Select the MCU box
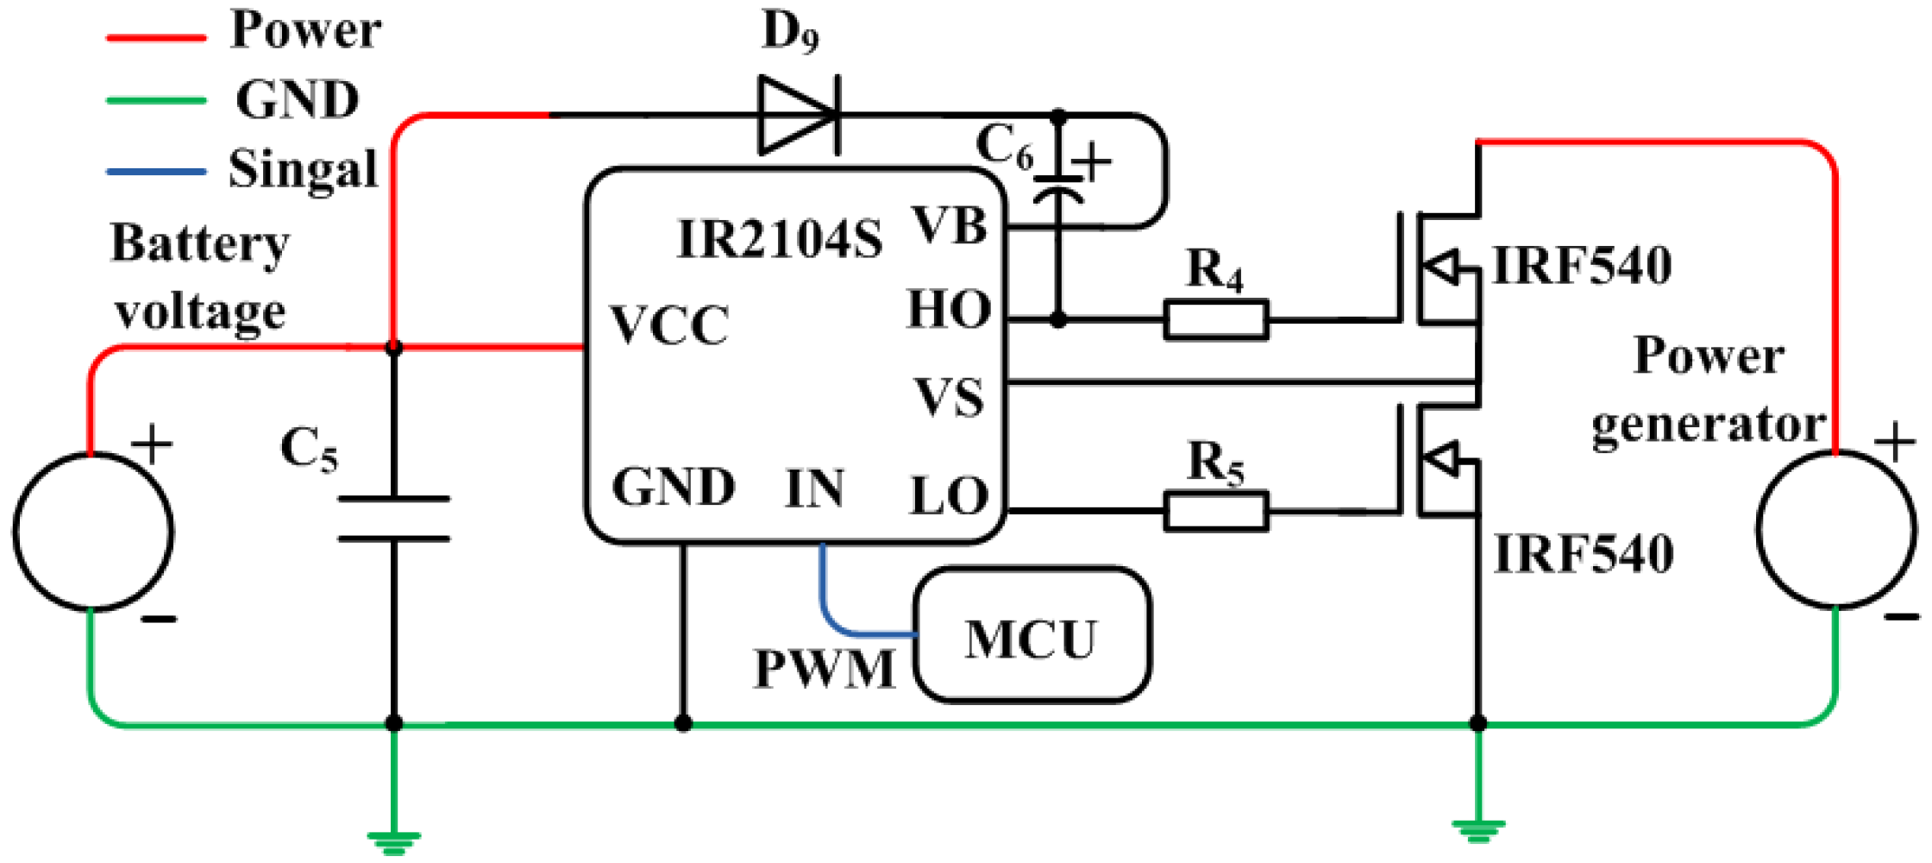[1032, 634]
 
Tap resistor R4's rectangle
[1216, 319]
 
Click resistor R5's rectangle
[1216, 511]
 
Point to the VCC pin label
[669, 325]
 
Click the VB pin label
[950, 226]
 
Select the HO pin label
[949, 309]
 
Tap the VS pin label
[949, 398]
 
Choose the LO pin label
[949, 496]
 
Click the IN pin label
[814, 488]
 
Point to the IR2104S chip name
[780, 239]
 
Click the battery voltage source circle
[93, 532]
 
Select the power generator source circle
[1837, 530]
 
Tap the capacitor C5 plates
[393, 519]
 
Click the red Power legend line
[156, 38]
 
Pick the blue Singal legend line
[156, 172]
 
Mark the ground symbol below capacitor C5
[393, 841]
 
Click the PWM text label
[825, 669]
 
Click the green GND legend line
[156, 101]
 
